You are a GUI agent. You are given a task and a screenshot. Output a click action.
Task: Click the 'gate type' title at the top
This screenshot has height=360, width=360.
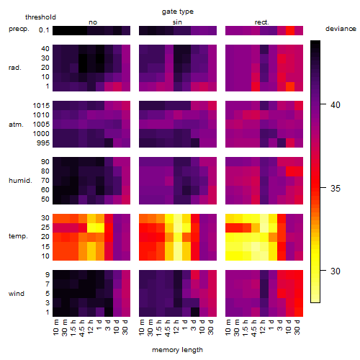(x=178, y=12)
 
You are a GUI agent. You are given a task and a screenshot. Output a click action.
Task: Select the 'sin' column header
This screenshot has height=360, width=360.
(x=177, y=22)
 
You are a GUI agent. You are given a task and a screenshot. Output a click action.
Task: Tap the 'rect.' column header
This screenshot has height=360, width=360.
(x=262, y=22)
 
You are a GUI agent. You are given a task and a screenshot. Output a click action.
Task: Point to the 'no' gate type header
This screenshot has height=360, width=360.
(x=93, y=22)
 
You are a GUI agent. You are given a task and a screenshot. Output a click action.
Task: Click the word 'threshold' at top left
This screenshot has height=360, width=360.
(x=40, y=17)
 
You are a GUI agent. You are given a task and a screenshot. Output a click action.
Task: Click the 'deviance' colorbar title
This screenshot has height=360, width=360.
(x=341, y=29)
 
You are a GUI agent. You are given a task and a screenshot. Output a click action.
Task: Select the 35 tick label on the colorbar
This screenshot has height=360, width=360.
(x=336, y=189)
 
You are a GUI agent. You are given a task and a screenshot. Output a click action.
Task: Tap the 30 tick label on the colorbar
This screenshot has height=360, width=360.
(x=336, y=271)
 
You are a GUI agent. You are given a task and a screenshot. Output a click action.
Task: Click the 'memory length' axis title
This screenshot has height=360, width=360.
(x=177, y=350)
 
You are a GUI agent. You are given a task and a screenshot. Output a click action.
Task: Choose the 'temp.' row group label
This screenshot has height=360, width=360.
(x=18, y=236)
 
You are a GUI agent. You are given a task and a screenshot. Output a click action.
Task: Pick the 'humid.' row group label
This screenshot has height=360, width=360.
(x=20, y=181)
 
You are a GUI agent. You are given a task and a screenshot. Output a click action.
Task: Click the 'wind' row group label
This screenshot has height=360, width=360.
(x=17, y=294)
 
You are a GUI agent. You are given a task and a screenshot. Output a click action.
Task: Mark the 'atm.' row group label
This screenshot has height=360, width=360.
(x=16, y=125)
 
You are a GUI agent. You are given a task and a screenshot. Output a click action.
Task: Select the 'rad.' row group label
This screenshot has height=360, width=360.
(x=15, y=68)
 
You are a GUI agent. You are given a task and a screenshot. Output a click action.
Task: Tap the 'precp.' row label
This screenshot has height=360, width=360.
(x=19, y=29)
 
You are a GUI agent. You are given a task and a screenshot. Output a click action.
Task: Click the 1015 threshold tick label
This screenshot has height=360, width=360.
(x=41, y=106)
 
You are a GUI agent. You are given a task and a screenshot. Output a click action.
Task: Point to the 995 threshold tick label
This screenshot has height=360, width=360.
(x=43, y=143)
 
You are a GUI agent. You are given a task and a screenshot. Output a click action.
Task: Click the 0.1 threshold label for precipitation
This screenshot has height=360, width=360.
(x=44, y=30)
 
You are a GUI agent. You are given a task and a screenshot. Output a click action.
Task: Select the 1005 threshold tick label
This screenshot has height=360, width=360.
(x=41, y=125)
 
